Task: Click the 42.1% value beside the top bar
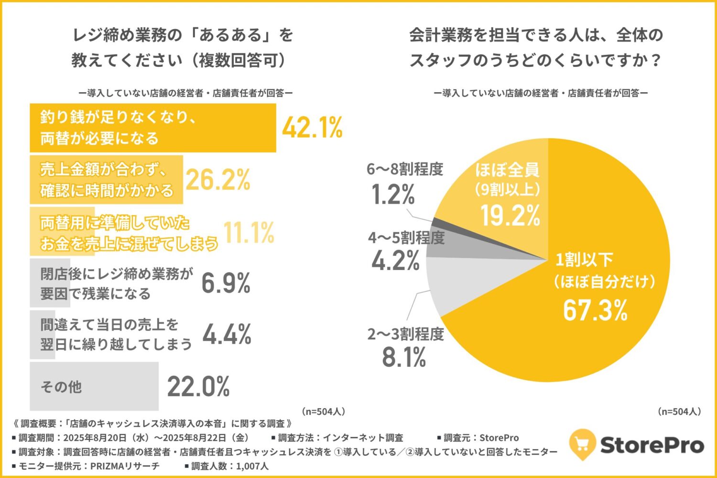coord(312,128)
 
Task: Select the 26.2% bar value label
coord(218,180)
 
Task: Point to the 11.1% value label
coord(249,233)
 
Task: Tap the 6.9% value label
coord(226,283)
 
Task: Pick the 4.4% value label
coord(227,334)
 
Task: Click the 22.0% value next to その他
coord(198,387)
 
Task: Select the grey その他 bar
coord(94,386)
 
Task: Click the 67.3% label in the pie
coord(595,310)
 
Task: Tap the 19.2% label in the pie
coord(510,216)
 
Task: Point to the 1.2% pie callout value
coord(393,195)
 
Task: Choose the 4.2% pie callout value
coord(395,261)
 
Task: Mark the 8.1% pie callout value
coord(404,357)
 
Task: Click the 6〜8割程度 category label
coord(405,169)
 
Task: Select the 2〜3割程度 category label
coord(405,334)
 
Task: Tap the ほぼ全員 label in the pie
coord(507,170)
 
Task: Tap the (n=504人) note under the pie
coord(679,411)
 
